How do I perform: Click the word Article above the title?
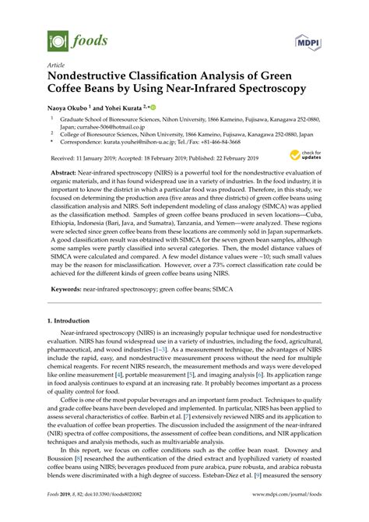coord(56,65)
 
